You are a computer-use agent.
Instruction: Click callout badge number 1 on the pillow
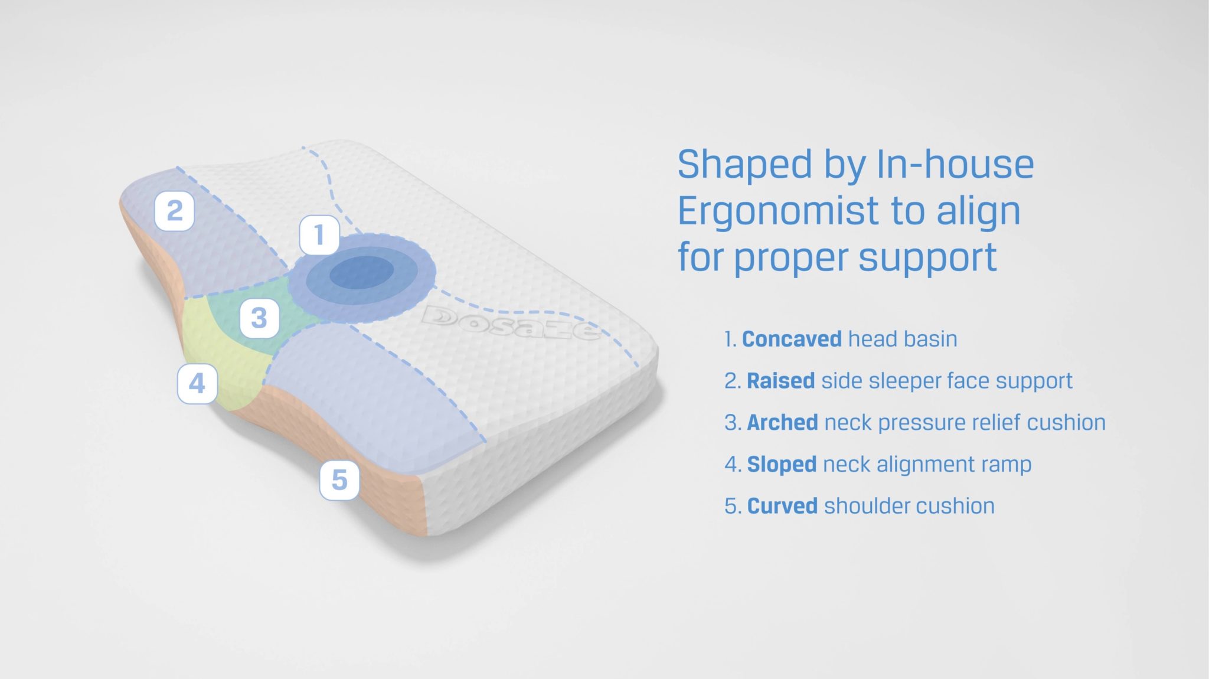click(x=319, y=235)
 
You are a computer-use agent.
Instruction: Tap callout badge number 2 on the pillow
click(x=174, y=211)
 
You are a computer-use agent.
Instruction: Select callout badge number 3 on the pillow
click(x=259, y=318)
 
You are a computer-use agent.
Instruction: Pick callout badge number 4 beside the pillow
click(x=197, y=384)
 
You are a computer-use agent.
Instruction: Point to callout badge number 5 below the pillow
click(x=339, y=480)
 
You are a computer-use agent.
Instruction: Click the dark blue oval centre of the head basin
click(x=361, y=275)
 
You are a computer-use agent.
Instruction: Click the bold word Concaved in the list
click(x=792, y=339)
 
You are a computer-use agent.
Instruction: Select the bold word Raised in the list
click(x=781, y=381)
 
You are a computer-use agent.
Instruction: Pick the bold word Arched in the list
click(x=782, y=423)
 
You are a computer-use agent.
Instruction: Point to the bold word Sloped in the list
click(x=782, y=465)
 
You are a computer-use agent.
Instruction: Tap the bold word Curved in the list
click(x=782, y=506)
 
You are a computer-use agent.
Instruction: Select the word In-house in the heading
click(x=955, y=164)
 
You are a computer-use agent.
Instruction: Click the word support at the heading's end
click(x=927, y=259)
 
